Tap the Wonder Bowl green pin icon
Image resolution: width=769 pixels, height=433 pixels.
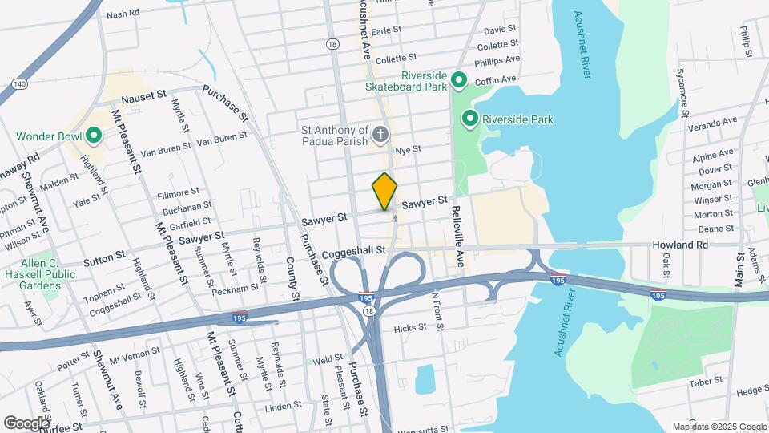[93, 136]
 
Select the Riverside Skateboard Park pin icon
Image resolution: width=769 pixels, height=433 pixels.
[459, 79]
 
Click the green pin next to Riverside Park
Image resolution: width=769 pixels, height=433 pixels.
[470, 120]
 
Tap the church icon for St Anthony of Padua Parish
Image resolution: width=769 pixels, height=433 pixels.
[380, 134]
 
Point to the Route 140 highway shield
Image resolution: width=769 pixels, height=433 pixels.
[20, 83]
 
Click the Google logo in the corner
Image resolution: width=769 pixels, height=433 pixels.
[26, 423]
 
